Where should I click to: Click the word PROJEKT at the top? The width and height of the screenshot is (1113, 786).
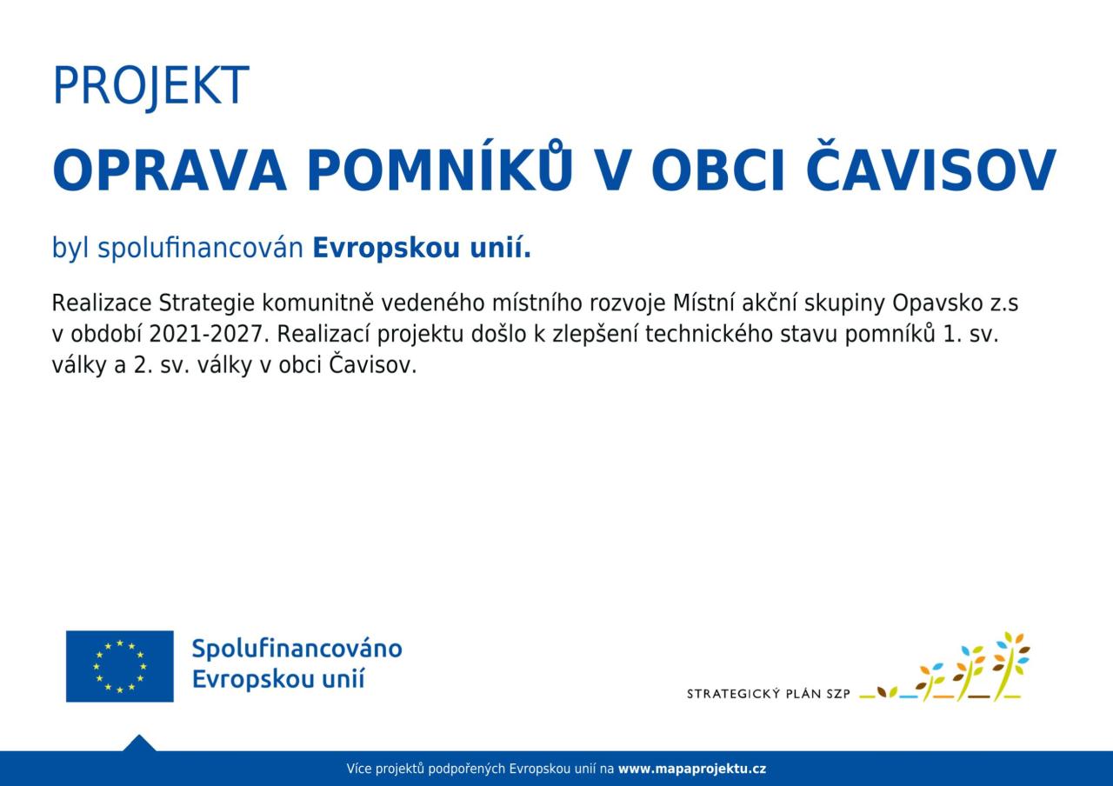click(x=150, y=85)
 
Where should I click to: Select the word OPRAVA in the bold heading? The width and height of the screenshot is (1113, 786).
click(x=170, y=170)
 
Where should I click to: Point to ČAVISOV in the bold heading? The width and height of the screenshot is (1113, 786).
click(x=930, y=165)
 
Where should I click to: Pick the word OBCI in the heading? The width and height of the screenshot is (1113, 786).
click(x=718, y=170)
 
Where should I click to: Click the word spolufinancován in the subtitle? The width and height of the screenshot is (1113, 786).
click(x=200, y=248)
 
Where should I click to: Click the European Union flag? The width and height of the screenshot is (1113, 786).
click(x=120, y=666)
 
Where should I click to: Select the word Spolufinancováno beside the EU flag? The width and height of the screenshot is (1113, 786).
click(x=297, y=649)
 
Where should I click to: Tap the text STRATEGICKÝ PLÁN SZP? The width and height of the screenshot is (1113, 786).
click(x=768, y=694)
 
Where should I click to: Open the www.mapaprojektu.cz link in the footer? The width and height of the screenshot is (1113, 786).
click(x=692, y=769)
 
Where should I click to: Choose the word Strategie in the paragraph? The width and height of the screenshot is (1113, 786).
click(x=207, y=303)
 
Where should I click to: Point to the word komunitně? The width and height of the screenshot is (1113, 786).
click(x=318, y=303)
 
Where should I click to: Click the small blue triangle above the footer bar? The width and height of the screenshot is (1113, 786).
click(x=139, y=743)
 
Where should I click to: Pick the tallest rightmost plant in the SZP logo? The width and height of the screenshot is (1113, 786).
click(x=1010, y=666)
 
